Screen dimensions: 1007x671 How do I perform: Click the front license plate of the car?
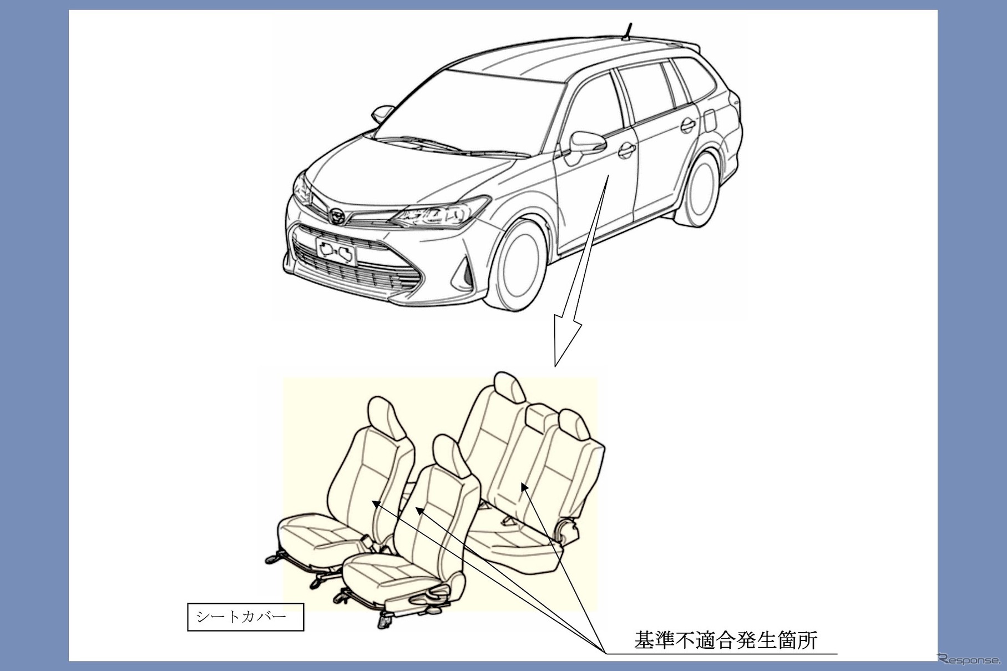[335, 253]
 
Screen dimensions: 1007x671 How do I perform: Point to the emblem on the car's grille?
[337, 214]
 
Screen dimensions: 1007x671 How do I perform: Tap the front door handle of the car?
[626, 149]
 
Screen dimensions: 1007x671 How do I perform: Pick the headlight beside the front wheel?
[438, 213]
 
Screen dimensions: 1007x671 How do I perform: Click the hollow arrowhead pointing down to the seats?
[566, 341]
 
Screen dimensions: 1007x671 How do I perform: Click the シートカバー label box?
[246, 617]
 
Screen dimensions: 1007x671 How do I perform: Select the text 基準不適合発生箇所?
[726, 639]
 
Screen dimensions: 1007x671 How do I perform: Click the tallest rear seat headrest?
[509, 388]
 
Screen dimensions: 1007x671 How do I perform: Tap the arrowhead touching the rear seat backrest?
[523, 487]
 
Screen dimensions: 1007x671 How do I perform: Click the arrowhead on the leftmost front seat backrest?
[375, 503]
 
